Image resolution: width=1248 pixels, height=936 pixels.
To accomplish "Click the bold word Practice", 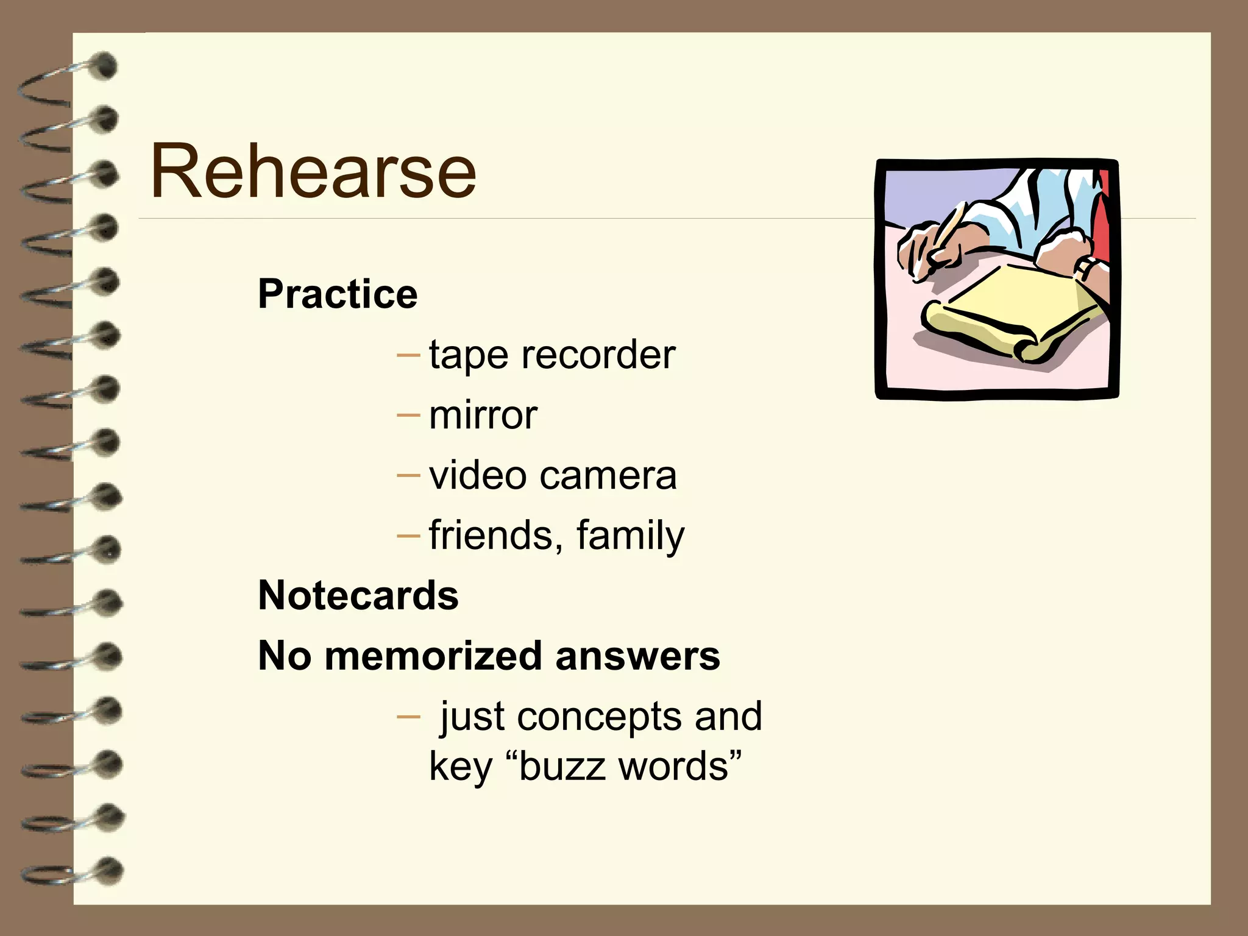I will [338, 294].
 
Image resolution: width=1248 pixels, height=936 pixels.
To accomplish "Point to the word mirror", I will [483, 416].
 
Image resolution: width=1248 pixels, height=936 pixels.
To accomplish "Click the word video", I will [477, 475].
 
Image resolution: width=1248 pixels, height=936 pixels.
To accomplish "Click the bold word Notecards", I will [358, 595].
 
